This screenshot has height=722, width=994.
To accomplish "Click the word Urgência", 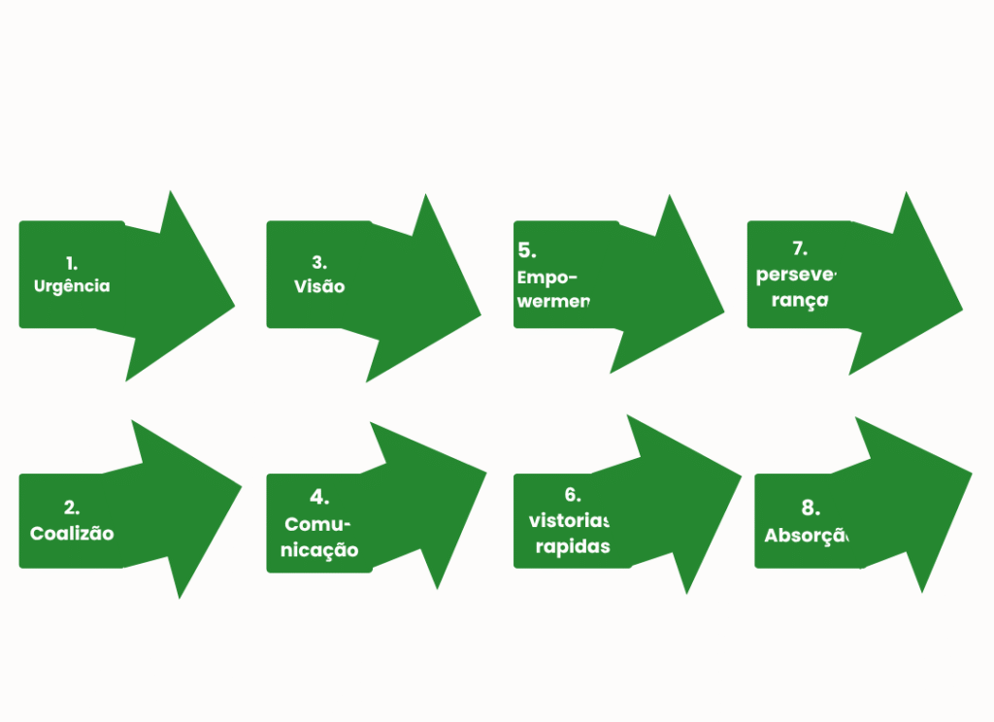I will tap(72, 286).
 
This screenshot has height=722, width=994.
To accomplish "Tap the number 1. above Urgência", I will tap(72, 263).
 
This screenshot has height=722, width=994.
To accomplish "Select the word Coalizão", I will tap(72, 534).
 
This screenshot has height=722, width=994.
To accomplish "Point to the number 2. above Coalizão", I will tap(72, 508).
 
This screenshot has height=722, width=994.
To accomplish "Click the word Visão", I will tap(319, 286).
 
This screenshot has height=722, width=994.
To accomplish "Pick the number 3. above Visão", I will tap(319, 262).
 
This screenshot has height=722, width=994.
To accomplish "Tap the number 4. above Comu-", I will tap(319, 498).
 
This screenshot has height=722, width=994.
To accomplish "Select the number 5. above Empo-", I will tap(527, 251).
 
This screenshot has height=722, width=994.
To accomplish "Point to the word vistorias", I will tap(570, 520).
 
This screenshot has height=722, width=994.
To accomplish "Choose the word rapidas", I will tap(573, 546).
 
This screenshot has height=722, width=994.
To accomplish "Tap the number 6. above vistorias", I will tap(572, 495).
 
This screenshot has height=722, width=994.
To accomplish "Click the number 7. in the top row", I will tap(800, 248).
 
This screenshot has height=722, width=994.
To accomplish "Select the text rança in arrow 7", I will tap(792, 300).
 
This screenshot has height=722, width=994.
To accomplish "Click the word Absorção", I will tap(807, 535).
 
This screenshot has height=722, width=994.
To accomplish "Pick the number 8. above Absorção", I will tap(811, 508).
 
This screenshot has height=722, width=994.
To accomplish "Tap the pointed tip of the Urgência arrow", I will tap(235, 305).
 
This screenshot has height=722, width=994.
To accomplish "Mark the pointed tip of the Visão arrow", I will tap(481, 314).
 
